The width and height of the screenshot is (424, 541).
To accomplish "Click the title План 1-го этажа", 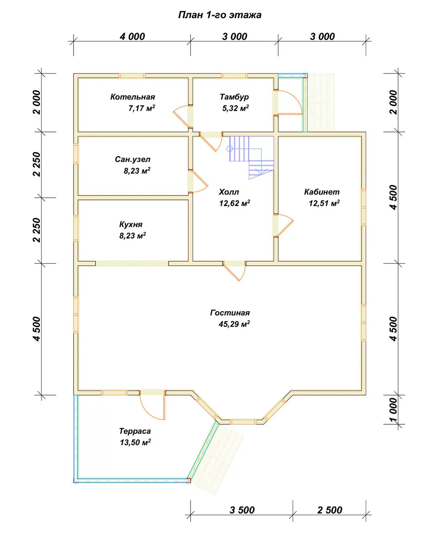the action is click(220, 15).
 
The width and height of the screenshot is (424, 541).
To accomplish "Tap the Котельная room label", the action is click(133, 97).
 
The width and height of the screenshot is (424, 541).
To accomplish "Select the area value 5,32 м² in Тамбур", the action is click(235, 108).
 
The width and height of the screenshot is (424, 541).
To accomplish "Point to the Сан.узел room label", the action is click(133, 159).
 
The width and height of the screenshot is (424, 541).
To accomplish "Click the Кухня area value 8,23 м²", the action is click(133, 235).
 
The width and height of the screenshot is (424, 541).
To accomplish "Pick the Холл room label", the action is click(229, 192).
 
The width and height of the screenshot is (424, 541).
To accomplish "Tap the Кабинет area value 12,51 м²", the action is click(324, 203).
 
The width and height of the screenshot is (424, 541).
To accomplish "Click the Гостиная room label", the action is click(230, 313).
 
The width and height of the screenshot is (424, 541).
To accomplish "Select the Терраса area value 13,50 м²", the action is click(135, 443).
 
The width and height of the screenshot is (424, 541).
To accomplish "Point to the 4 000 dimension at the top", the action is click(132, 37).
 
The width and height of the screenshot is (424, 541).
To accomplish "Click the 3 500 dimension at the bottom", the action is click(242, 510).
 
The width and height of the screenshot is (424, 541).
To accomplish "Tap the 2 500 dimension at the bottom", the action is click(330, 510).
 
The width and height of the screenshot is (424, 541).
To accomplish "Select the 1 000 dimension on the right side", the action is click(394, 410).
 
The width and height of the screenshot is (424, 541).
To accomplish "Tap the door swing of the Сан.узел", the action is click(198, 181).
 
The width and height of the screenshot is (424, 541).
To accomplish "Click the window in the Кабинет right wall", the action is click(364, 208).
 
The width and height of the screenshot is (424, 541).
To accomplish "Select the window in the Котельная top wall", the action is click(132, 76).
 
